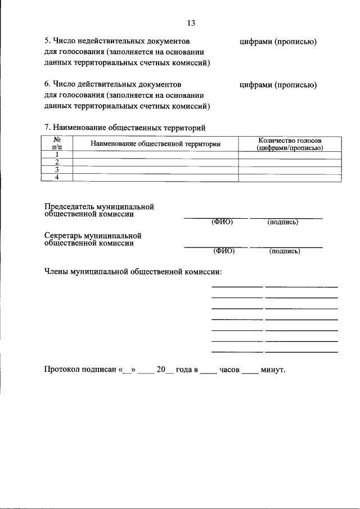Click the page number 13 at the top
(190, 23)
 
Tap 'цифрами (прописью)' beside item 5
(278, 42)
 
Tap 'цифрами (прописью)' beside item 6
(278, 85)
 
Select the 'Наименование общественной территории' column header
(155, 144)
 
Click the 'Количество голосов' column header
(289, 140)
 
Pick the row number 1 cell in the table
(57, 155)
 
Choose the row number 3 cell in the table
(57, 170)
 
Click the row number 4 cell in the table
(57, 178)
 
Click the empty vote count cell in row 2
(289, 163)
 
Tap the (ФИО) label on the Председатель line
(222, 222)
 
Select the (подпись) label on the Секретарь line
(285, 251)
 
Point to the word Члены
(56, 272)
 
